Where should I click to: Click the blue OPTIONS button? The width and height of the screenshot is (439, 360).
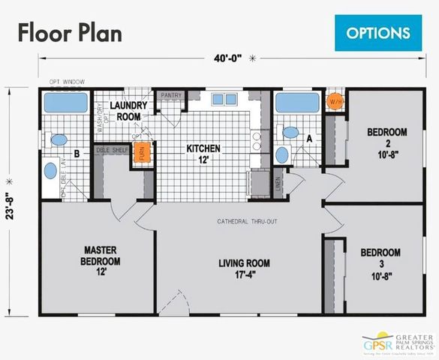378,32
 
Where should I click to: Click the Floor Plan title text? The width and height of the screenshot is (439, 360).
70,33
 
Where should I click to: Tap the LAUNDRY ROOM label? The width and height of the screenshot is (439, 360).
128,112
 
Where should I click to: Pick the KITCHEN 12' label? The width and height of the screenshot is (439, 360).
203,154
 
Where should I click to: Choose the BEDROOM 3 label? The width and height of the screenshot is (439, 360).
380,259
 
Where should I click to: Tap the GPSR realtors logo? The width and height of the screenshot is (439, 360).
397,343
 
